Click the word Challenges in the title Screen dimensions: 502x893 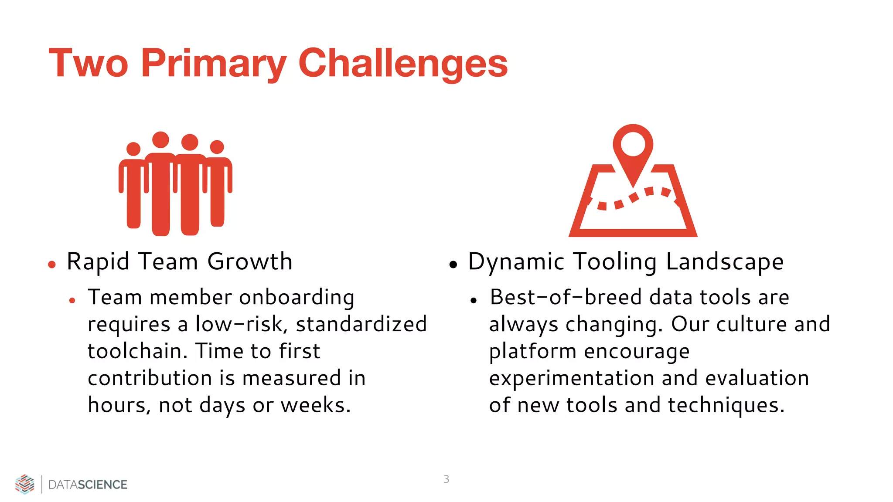pyautogui.click(x=403, y=64)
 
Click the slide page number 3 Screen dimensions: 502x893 pyautogui.click(x=446, y=479)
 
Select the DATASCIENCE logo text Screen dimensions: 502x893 pyautogui.click(x=88, y=485)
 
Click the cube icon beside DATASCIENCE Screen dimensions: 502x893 pyautogui.click(x=25, y=484)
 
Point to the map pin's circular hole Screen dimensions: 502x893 pyautogui.click(x=633, y=144)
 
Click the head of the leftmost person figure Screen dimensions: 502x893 pyautogui.click(x=133, y=149)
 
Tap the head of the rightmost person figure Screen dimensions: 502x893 pyautogui.click(x=217, y=147)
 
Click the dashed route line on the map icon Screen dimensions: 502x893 pyautogui.click(x=632, y=198)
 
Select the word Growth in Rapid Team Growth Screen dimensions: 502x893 pyautogui.click(x=249, y=261)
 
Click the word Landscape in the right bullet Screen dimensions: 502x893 pyautogui.click(x=725, y=261)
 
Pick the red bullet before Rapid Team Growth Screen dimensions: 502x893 pyautogui.click(x=52, y=264)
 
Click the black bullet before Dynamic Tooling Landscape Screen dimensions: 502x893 pyautogui.click(x=453, y=264)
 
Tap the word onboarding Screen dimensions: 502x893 pyautogui.click(x=297, y=297)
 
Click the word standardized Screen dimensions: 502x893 pyautogui.click(x=361, y=324)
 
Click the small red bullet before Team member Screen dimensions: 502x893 pyautogui.click(x=72, y=300)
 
